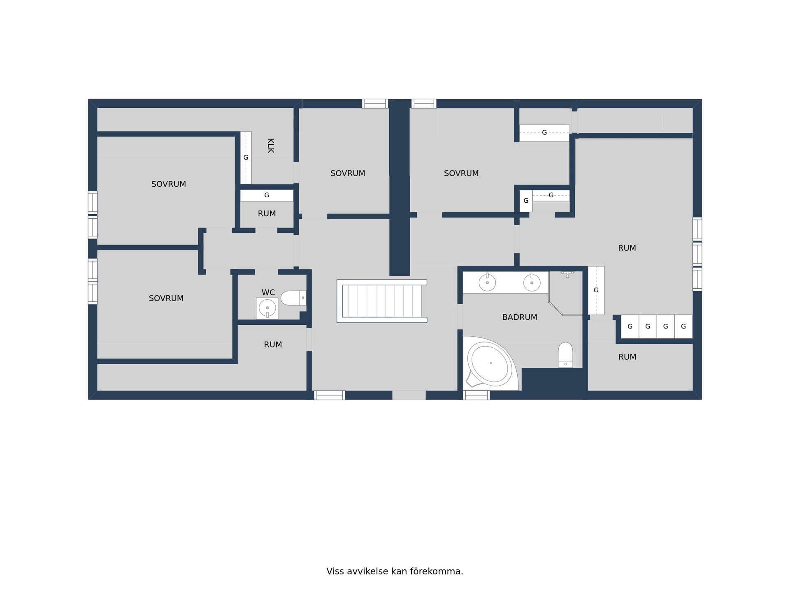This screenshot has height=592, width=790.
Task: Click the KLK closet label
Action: point(270,146)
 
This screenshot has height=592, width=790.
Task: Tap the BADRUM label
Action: point(520,317)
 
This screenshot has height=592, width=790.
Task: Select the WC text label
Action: point(268,292)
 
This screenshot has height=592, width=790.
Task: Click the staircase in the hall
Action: point(382,301)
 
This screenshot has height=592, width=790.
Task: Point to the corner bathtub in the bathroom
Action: point(490,363)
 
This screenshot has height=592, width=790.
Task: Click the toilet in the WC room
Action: point(293,298)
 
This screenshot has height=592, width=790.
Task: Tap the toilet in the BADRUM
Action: point(565,355)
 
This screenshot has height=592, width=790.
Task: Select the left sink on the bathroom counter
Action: point(487,282)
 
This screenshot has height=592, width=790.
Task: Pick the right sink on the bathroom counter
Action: point(532,282)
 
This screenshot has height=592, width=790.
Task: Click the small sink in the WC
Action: point(267,308)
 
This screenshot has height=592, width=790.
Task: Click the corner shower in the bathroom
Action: point(566,293)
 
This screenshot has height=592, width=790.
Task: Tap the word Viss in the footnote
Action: point(335,571)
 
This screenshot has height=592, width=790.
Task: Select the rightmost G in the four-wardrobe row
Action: point(683,326)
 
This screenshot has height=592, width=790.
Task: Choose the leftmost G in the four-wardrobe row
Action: point(630,326)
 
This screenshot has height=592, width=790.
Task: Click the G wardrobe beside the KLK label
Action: point(246,157)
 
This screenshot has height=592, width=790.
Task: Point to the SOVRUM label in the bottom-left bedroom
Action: point(166,298)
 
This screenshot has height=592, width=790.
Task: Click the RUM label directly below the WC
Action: point(273,345)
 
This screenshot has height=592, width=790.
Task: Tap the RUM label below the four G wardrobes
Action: point(627,357)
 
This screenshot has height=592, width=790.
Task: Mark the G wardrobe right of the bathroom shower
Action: point(596,290)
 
